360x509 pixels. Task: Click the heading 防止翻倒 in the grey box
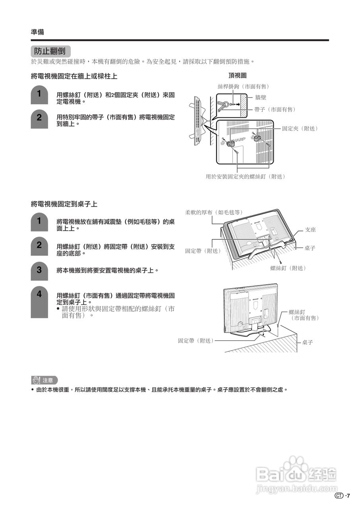coord(50,51)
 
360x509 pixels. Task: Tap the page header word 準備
coord(37,32)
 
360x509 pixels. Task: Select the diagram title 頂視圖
coord(237,76)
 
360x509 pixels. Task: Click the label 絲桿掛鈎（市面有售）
coord(243,87)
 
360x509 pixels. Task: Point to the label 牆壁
coord(261,97)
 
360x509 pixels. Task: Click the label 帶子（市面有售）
coord(275,109)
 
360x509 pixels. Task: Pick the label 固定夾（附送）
coord(300,128)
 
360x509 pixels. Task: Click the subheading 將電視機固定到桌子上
coord(64,204)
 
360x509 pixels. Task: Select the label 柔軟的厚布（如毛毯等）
coord(214,212)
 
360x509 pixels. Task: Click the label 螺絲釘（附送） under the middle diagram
coord(288,268)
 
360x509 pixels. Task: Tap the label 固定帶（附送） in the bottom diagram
coord(195,341)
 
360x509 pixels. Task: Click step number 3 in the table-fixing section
coord(39,270)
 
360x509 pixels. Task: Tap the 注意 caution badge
coord(45,380)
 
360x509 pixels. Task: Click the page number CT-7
coord(342,496)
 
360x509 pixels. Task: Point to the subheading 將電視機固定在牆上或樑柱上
coord(74,76)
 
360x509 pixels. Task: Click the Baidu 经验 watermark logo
coord(297,473)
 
